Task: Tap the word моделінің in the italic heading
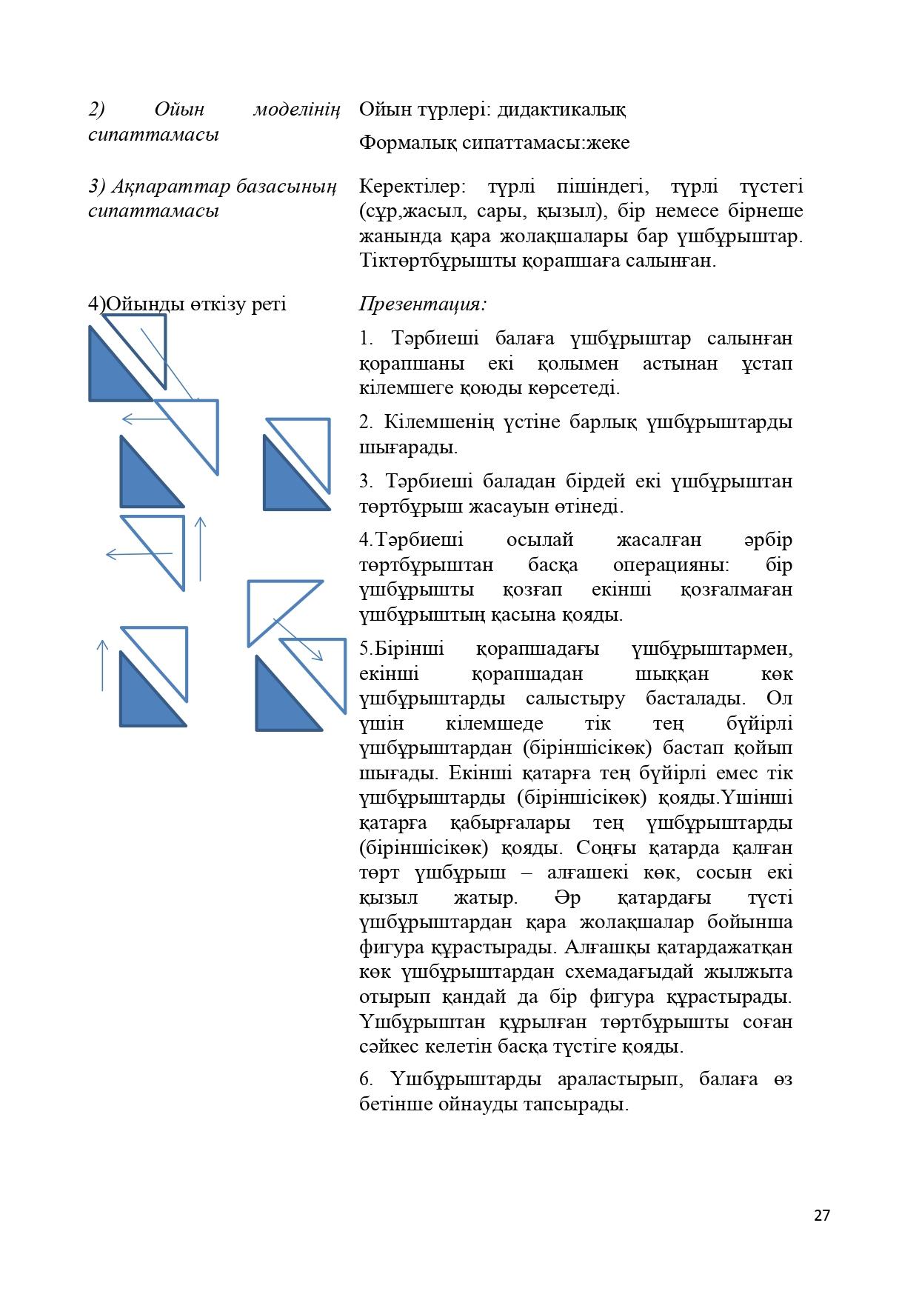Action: point(296,110)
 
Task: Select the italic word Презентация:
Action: point(423,304)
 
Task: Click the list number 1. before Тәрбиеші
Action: point(367,339)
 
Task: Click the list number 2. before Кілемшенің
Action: point(366,422)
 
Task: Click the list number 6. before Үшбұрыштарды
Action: point(366,1079)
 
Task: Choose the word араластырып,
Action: point(619,1079)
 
